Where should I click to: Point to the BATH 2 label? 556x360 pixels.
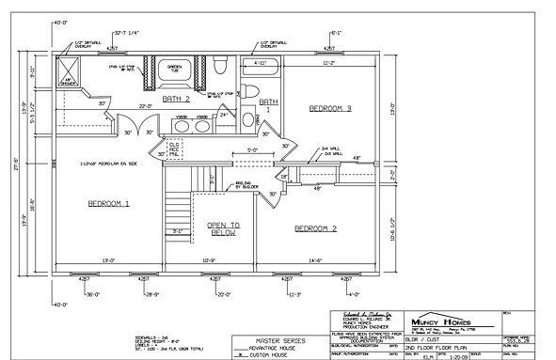tap(176, 98)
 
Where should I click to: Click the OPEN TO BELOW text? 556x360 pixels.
tap(223, 231)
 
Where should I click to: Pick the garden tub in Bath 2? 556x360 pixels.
tap(175, 70)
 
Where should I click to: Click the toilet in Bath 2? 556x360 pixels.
tap(218, 67)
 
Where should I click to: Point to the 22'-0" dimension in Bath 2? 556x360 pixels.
tap(147, 105)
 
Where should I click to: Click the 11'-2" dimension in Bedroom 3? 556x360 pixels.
tap(327, 63)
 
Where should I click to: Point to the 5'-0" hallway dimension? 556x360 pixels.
tap(252, 149)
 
